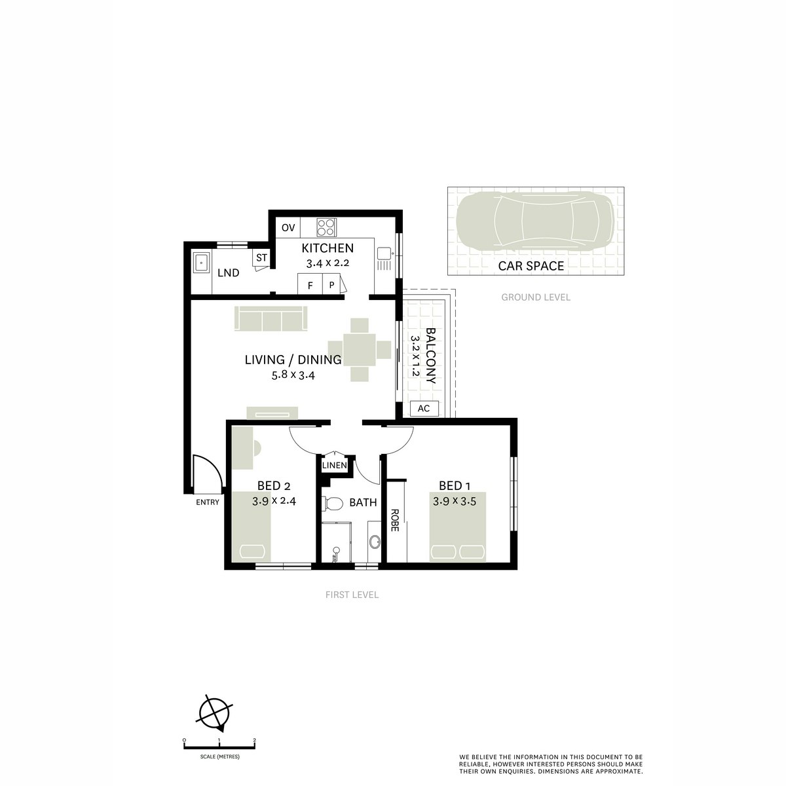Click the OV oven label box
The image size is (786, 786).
pos(288,228)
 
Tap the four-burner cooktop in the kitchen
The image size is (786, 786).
pos(326,227)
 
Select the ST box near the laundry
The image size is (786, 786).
pos(261,257)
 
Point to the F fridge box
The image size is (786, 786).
pos(310,285)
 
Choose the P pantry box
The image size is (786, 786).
pos(332,285)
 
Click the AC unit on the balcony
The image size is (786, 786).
pos(423,409)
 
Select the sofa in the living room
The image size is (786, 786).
pos(271,319)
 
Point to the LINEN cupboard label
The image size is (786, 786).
pos(334,465)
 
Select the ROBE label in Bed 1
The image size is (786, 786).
pos(394,521)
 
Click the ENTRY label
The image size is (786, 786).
pos(208,502)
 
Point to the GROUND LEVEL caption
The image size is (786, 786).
pos(536,297)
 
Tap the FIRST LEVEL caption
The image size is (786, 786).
pos(352,595)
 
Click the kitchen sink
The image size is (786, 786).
pos(383,251)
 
